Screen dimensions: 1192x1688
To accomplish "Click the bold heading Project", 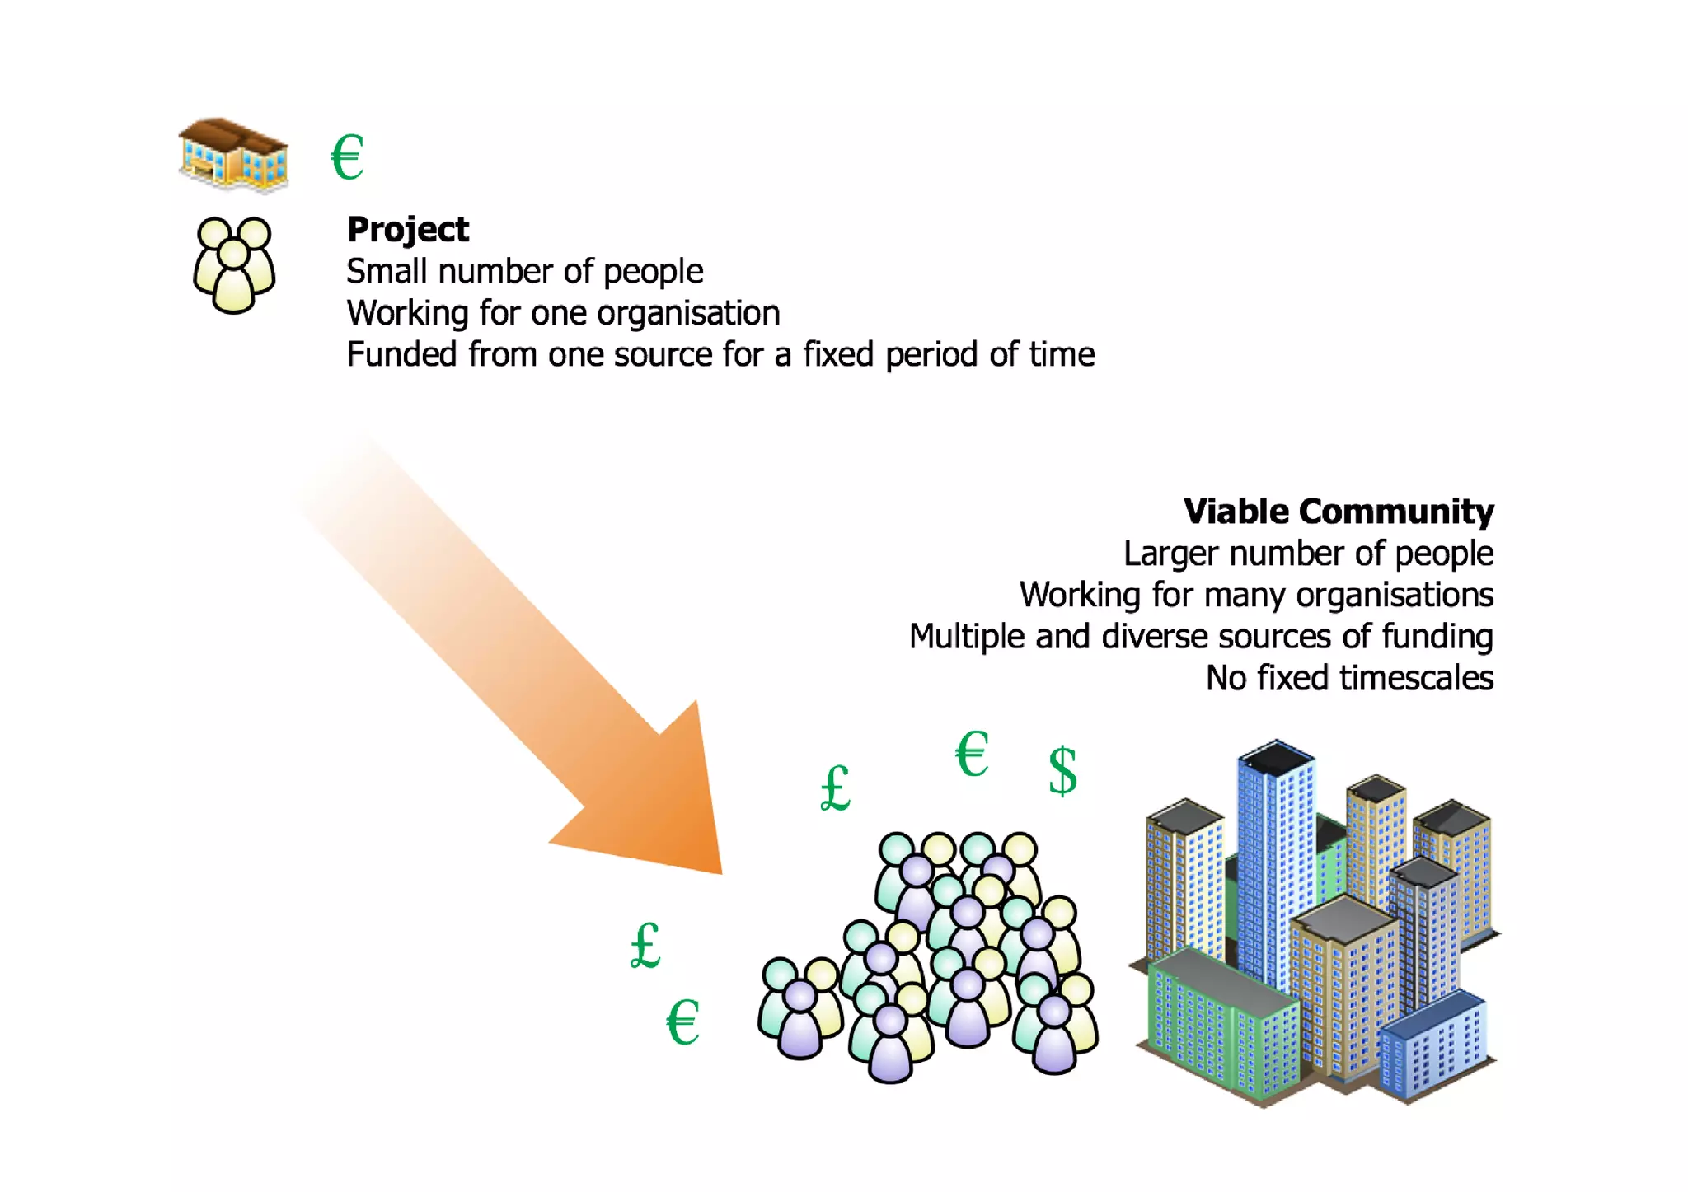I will (408, 230).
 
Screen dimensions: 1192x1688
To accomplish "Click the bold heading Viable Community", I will (1338, 512).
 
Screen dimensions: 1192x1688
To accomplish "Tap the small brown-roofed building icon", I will (233, 155).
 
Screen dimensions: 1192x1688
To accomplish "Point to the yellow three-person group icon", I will (233, 264).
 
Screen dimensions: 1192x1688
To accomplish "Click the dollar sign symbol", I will (1062, 770).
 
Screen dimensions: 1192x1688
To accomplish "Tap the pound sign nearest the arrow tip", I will (645, 945).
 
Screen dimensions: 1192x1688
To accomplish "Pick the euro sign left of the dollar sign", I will (972, 754).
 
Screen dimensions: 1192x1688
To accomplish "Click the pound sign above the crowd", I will (835, 788).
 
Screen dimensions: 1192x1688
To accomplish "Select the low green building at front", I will (1220, 1021).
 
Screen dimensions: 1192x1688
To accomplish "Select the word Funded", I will (401, 355).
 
